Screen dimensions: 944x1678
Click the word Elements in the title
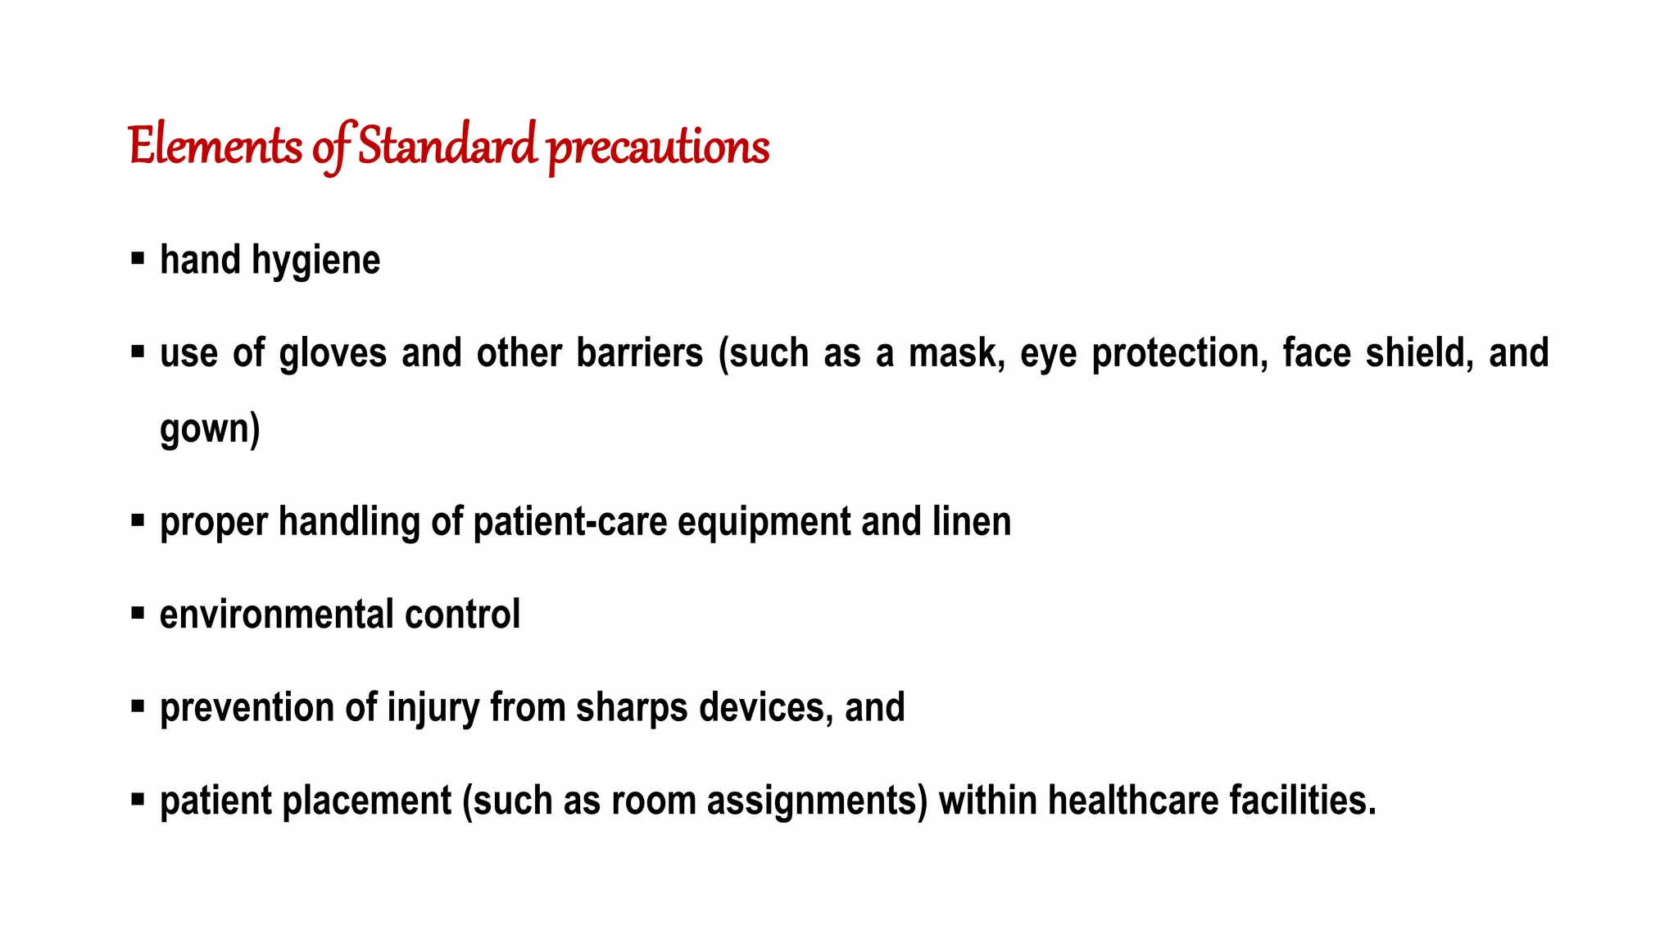215,147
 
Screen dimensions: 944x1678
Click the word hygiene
315,261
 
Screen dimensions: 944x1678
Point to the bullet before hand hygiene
138,259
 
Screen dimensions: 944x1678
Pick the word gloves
333,354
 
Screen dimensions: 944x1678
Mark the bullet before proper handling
138,520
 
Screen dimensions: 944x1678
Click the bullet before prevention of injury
138,706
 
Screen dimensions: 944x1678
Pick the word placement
366,801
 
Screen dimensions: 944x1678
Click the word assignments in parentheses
813,801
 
